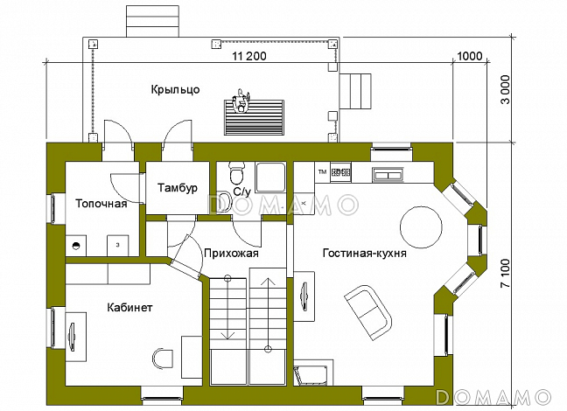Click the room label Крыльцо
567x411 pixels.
[x=175, y=89]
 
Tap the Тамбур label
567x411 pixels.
[x=178, y=188]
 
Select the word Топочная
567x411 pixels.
[x=101, y=204]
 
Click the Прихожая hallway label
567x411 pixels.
[x=231, y=254]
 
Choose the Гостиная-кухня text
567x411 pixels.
[x=363, y=254]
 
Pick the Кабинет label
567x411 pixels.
[x=130, y=308]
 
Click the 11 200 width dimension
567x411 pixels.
[x=248, y=56]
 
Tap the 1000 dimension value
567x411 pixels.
[x=469, y=56]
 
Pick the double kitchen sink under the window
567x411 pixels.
[x=387, y=174]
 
